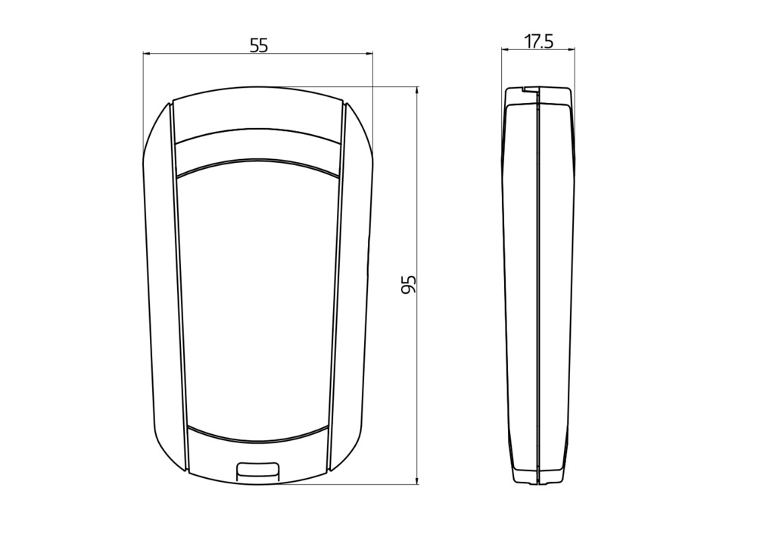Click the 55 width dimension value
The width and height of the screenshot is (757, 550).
pos(258,45)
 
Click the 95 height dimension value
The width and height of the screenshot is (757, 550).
pos(409,285)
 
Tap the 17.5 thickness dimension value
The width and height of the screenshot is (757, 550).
pos(539,42)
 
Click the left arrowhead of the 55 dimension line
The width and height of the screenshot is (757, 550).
pos(147,54)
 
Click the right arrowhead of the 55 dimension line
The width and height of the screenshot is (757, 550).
pos(369,54)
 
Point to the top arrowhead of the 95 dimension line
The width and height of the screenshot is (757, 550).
pos(417,91)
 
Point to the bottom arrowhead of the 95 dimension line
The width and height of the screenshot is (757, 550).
pos(417,480)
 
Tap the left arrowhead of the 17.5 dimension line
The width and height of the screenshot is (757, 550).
pos(506,48)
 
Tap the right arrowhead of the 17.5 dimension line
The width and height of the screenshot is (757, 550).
pos(571,48)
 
